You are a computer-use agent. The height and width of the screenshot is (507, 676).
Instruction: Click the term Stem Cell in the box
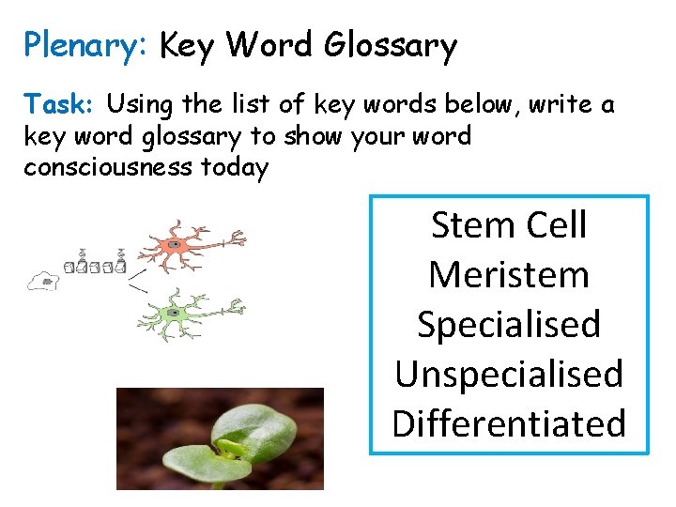click(x=508, y=225)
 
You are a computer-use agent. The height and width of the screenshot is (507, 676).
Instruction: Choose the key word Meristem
click(x=508, y=275)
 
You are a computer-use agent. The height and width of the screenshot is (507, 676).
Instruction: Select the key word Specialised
click(x=508, y=325)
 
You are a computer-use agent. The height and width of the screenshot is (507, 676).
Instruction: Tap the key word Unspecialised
click(x=508, y=374)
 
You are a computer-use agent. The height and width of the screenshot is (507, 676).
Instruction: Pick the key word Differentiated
click(x=508, y=423)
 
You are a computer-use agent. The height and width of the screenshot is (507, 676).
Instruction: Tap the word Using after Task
click(x=137, y=105)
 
